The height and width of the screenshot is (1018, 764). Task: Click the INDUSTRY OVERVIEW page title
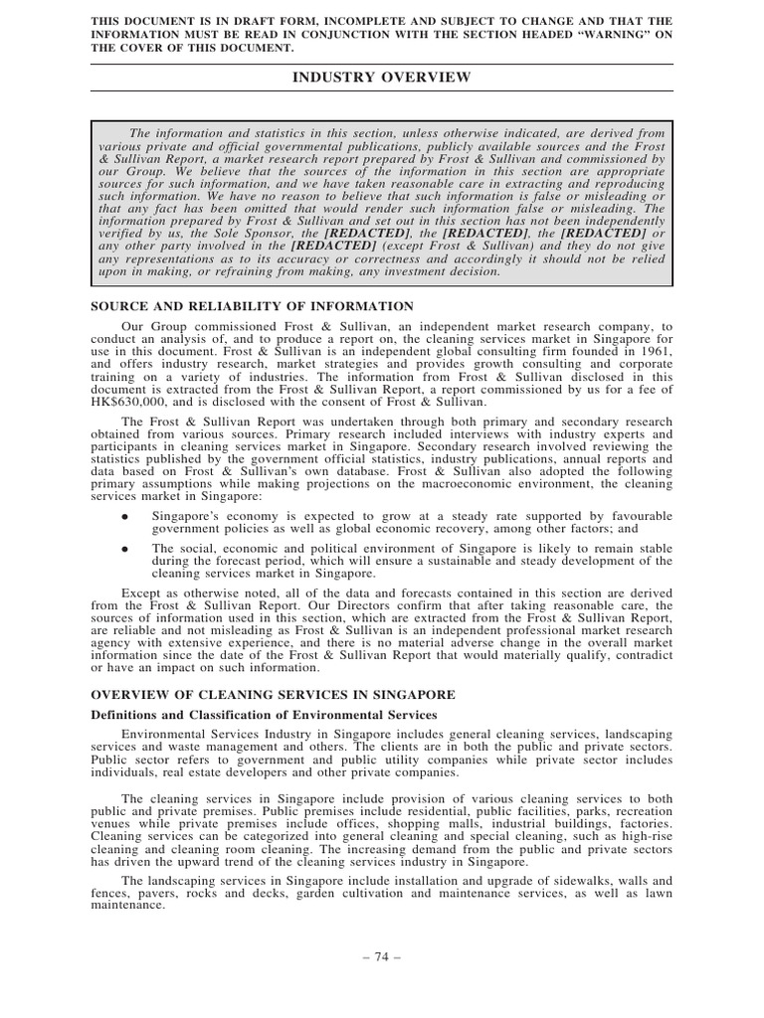point(381,78)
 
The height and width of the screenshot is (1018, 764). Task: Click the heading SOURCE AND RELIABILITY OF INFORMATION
point(253,306)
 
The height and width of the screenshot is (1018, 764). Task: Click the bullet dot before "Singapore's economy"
point(123,517)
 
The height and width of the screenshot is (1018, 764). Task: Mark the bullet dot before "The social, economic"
point(123,548)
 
